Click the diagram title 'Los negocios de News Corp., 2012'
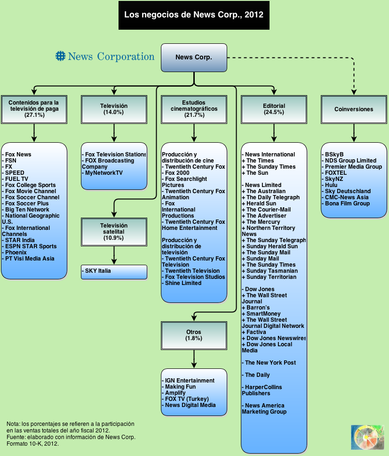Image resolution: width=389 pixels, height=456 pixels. [194, 15]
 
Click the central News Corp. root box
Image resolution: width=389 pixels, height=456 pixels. [194, 57]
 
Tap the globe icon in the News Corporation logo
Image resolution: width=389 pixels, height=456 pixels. [60, 57]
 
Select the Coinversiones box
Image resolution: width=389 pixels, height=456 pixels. [354, 109]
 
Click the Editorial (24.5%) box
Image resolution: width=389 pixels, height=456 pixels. [274, 109]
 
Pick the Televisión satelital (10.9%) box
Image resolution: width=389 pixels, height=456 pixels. [114, 232]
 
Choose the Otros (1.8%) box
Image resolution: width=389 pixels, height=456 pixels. [194, 335]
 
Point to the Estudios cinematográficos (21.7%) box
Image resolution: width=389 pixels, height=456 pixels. [194, 109]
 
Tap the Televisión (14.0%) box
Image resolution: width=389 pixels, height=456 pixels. [114, 109]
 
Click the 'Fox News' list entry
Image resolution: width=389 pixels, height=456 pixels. [18, 155]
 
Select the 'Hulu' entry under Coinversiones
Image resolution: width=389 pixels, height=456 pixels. [331, 185]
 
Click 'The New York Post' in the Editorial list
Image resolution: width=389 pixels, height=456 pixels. [270, 363]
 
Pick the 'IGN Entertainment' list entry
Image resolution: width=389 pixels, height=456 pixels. [190, 381]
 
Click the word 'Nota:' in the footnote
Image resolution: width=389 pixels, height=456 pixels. [14, 424]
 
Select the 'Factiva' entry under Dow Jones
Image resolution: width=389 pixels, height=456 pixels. [256, 332]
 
